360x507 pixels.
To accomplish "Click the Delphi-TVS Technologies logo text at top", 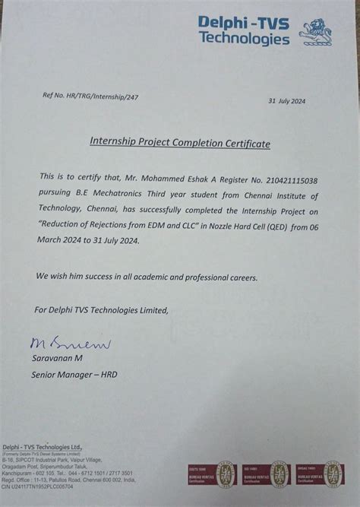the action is coord(243,31).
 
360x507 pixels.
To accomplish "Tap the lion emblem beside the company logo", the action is coord(315,33).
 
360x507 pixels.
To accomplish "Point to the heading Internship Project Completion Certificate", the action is coord(180,141).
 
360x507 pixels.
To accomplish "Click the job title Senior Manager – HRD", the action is coord(74,375).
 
